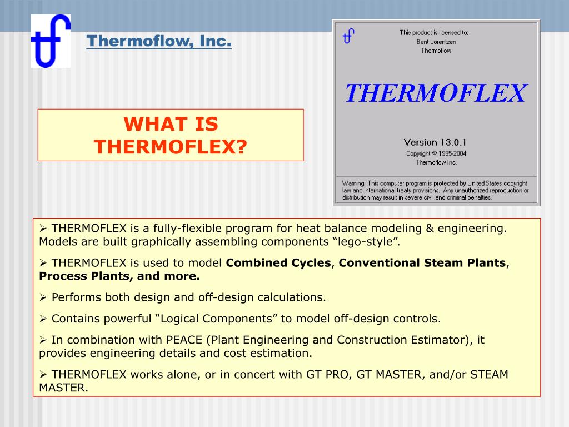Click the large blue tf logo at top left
(51, 41)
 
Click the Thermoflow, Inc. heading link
(159, 41)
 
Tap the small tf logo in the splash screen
(348, 36)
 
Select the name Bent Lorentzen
(436, 42)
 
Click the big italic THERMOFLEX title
(436, 93)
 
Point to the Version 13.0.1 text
(435, 142)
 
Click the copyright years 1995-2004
(452, 153)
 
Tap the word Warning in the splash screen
(353, 183)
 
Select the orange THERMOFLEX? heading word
(171, 147)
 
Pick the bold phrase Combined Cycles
(278, 262)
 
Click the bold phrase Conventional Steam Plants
(422, 262)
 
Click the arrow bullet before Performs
(43, 297)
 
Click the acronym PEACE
(184, 340)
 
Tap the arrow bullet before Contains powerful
(43, 319)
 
